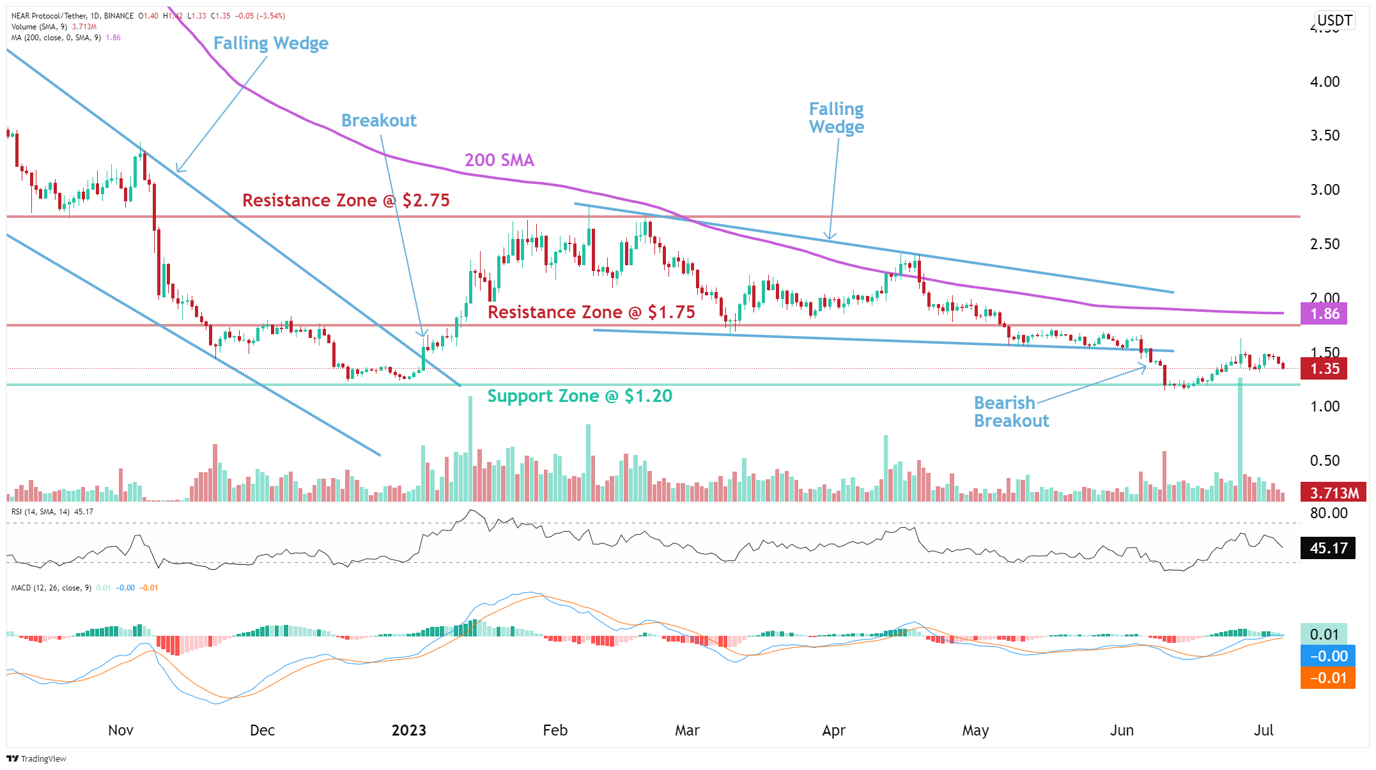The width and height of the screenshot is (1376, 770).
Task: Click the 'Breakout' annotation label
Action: click(x=378, y=120)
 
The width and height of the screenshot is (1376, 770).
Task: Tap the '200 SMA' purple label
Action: click(x=499, y=160)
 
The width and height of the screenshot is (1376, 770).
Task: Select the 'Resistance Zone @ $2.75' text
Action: click(x=346, y=201)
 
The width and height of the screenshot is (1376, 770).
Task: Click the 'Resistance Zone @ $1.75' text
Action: click(x=591, y=312)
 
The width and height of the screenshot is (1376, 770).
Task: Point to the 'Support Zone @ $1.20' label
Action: click(x=580, y=396)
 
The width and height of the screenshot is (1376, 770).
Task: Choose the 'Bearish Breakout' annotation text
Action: click(x=1011, y=412)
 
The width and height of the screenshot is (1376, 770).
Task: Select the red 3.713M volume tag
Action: click(x=1333, y=493)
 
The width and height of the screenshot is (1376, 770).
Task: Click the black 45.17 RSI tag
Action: click(x=1327, y=548)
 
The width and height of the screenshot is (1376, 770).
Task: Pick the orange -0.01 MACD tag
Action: click(x=1327, y=678)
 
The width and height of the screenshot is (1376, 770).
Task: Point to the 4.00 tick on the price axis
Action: click(x=1324, y=82)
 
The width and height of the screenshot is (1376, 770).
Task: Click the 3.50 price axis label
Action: click(x=1324, y=135)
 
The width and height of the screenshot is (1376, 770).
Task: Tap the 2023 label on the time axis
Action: click(x=408, y=730)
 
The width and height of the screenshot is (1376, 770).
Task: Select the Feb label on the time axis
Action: click(x=555, y=730)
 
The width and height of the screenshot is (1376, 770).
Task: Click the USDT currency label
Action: click(x=1334, y=20)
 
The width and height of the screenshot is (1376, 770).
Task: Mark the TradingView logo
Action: click(x=36, y=758)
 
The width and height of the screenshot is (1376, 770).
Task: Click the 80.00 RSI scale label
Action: click(x=1328, y=513)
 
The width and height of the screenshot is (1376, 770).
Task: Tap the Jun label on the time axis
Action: click(x=1122, y=730)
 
